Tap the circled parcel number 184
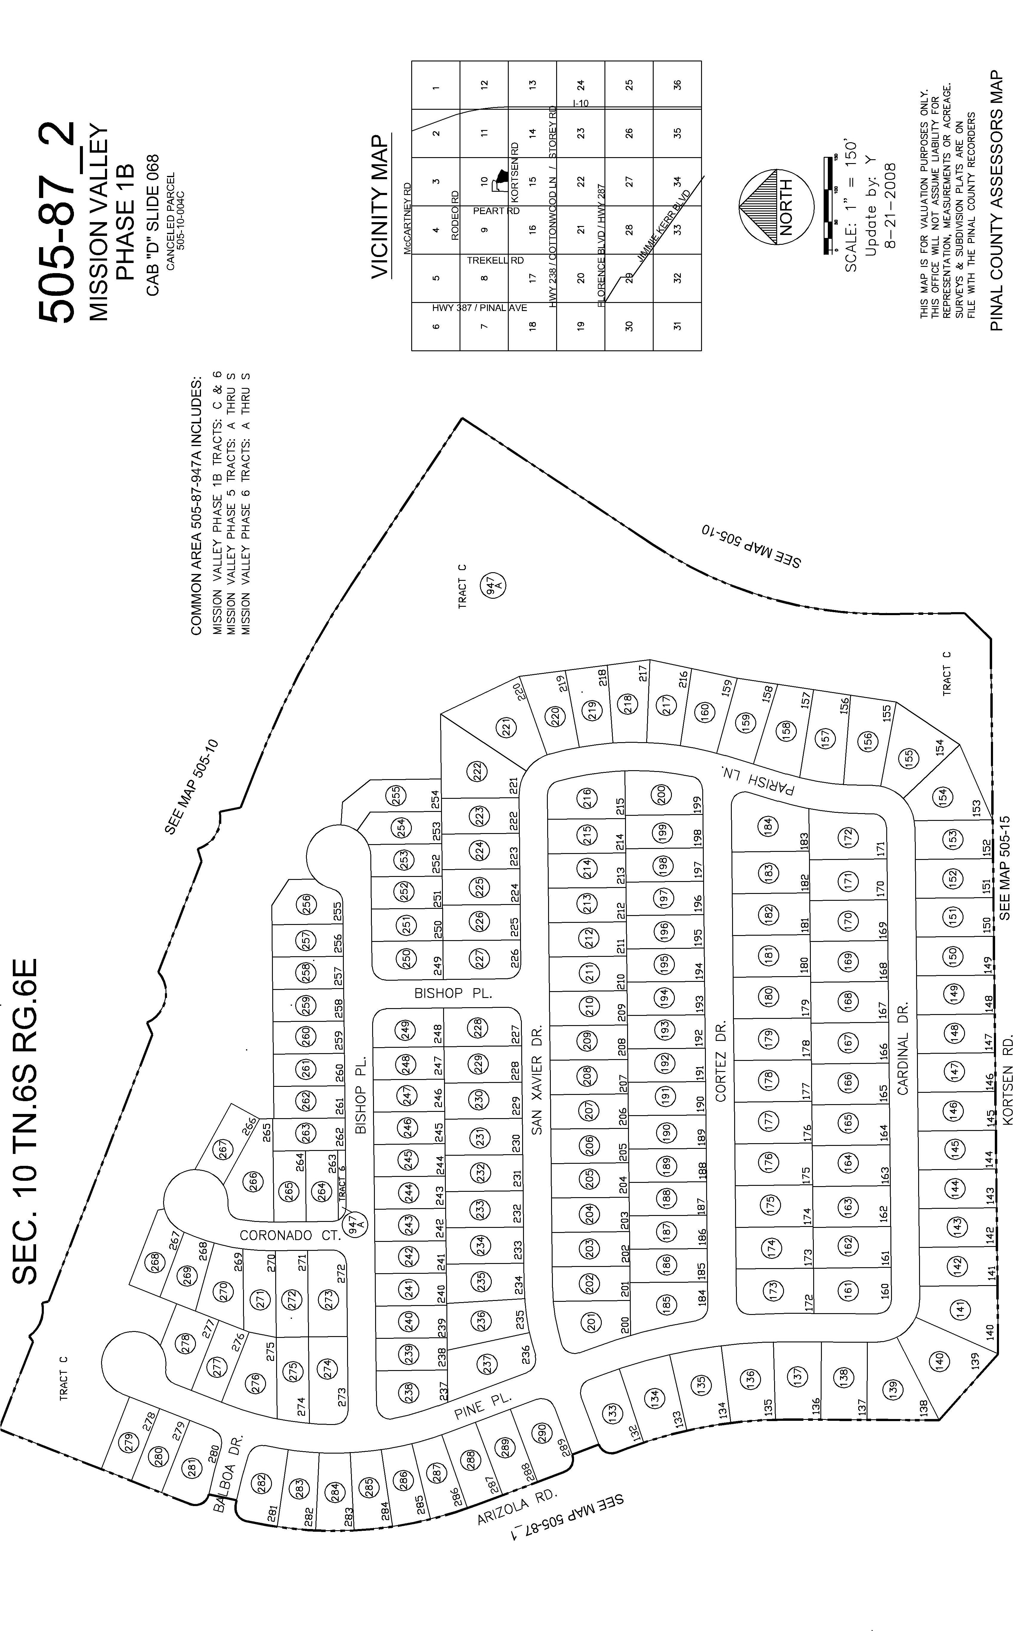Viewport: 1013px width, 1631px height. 768,824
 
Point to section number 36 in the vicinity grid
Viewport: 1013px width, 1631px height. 677,85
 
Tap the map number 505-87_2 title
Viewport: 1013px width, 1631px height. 57,221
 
